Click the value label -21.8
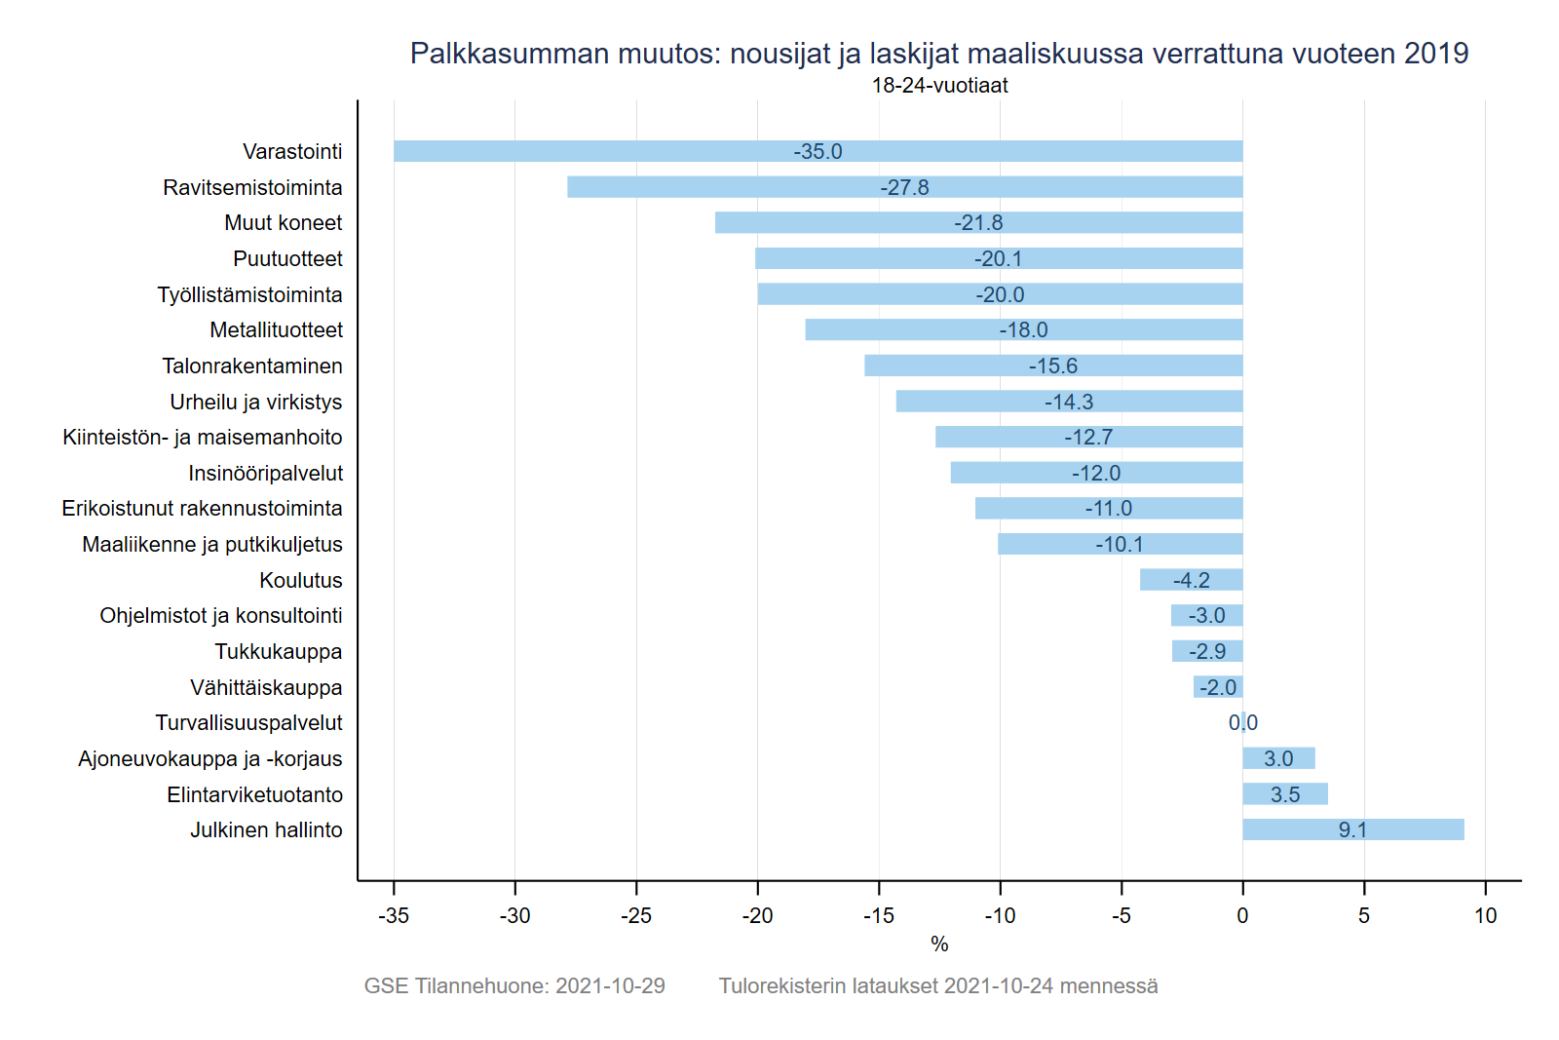[978, 223]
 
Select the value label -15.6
[1053, 366]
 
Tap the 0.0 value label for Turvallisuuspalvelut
[1243, 723]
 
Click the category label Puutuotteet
[287, 259]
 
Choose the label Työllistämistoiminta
[249, 294]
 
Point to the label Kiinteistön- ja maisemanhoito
[203, 438]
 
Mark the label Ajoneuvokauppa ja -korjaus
[210, 759]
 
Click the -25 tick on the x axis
[636, 916]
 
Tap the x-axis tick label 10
[1485, 916]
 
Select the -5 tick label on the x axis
[1122, 916]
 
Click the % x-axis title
[939, 944]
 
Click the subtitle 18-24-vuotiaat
[939, 86]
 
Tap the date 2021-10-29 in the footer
[610, 986]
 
